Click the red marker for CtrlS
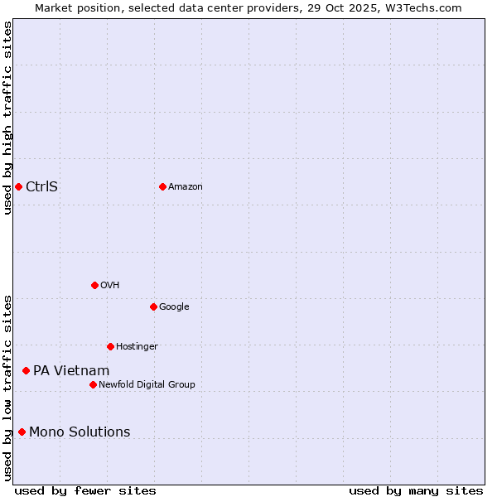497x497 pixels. coord(18,186)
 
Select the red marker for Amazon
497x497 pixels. coord(162,186)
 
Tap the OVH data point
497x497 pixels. coord(94,285)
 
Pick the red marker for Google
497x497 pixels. coord(153,306)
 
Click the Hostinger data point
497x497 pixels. coord(110,346)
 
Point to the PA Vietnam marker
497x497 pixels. coord(26,370)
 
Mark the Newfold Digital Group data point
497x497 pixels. coord(93,384)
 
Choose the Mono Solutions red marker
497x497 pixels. coord(22,432)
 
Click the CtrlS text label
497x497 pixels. coord(41,186)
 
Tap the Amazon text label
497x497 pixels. coord(186,187)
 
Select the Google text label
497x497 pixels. coord(174,307)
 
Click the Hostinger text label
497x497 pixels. coord(137,347)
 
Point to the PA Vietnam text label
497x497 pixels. coord(71,371)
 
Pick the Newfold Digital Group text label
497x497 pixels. coord(147,385)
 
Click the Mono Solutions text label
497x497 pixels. coord(80,432)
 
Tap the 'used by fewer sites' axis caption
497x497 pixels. coord(85,490)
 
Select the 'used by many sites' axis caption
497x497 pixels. coord(416,490)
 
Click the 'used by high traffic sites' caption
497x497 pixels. coord(7,118)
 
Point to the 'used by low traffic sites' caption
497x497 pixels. coord(7,387)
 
